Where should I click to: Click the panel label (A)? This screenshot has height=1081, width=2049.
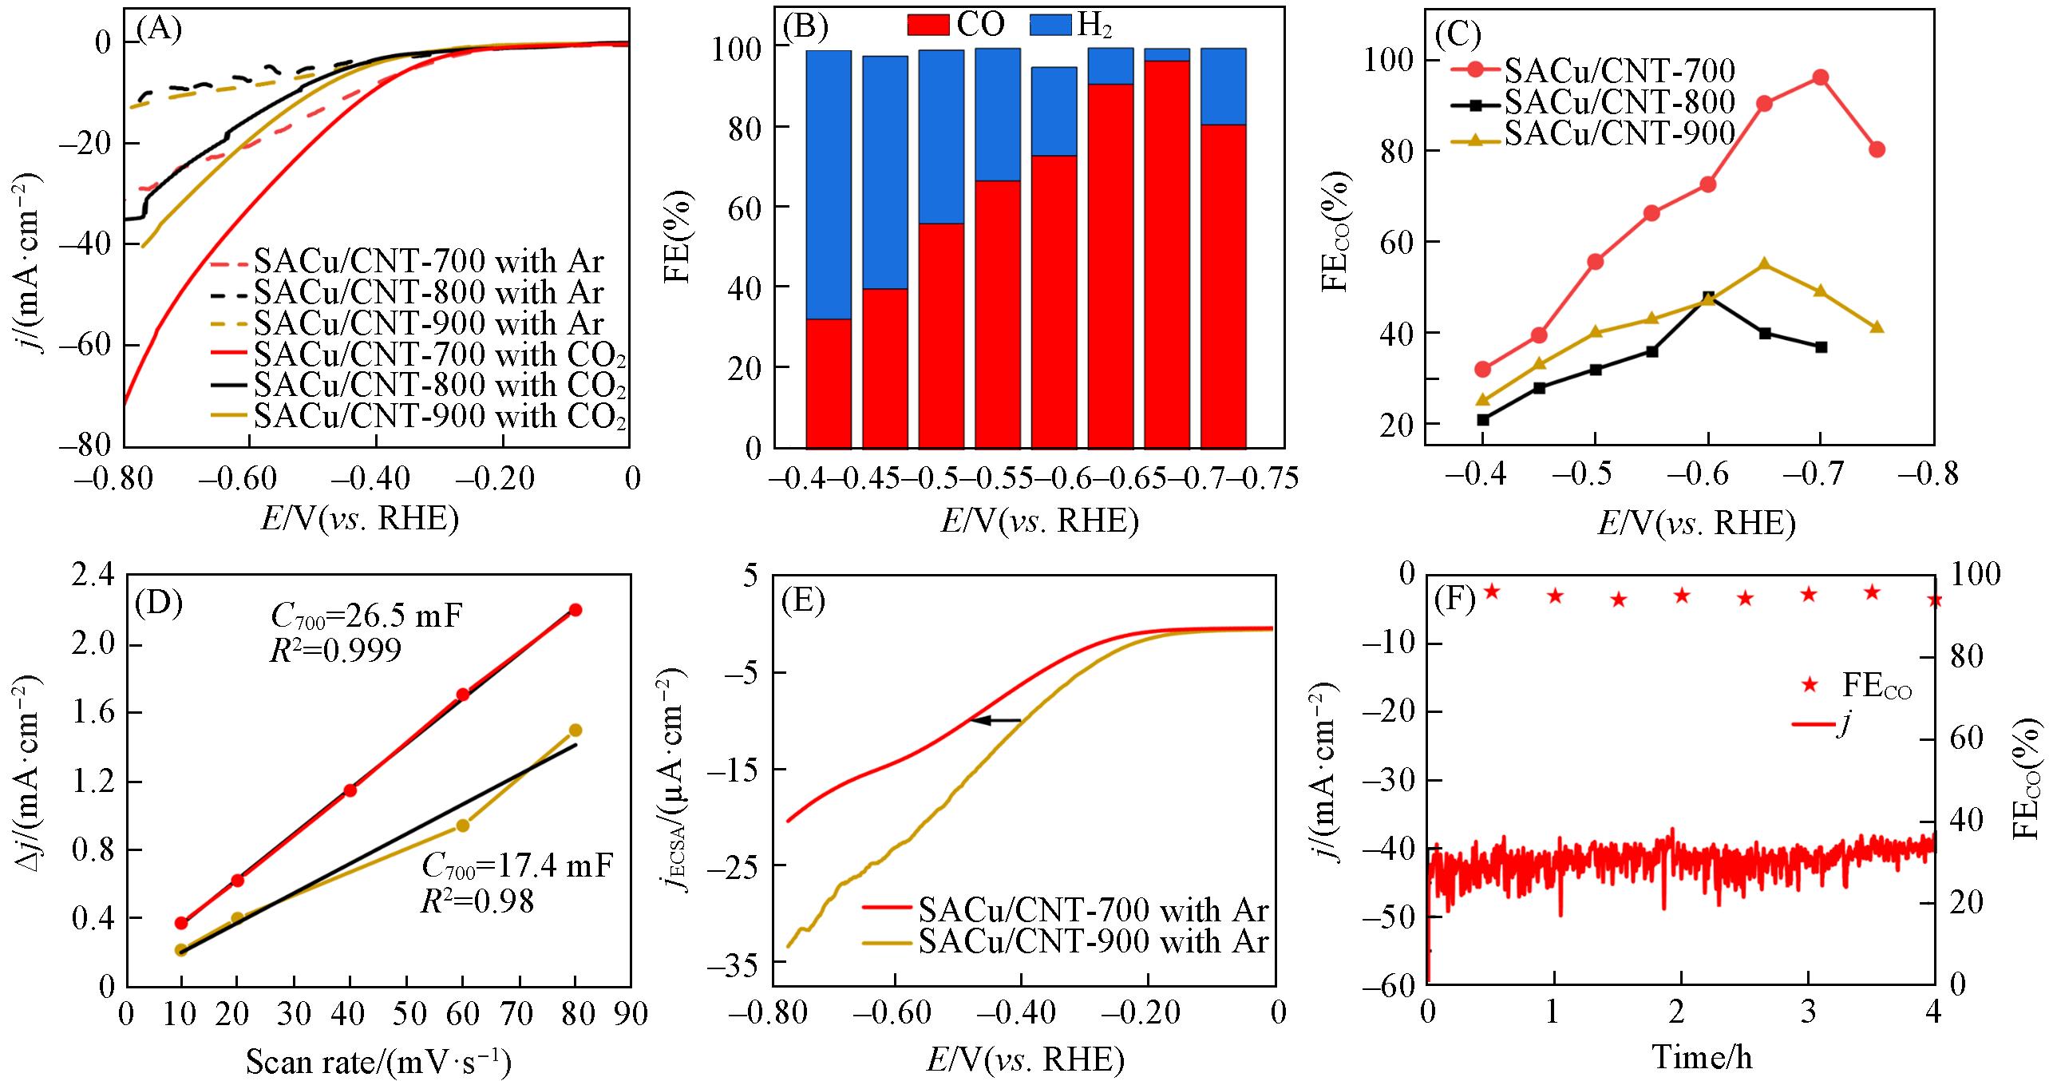[x=159, y=30]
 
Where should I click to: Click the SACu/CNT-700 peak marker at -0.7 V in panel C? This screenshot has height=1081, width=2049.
[x=1820, y=77]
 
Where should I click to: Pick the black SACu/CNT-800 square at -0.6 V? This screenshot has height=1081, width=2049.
[x=1707, y=298]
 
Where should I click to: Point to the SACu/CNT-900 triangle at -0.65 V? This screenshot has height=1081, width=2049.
[x=1764, y=264]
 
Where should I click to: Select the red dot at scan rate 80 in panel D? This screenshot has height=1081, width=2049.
[x=575, y=610]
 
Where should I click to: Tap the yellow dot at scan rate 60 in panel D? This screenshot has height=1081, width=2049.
[x=462, y=826]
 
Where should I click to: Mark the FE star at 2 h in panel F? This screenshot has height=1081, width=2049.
[x=1682, y=595]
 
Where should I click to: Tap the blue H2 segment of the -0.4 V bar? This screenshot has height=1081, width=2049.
[x=828, y=184]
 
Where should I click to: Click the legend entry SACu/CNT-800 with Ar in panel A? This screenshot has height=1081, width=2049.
[x=429, y=293]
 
